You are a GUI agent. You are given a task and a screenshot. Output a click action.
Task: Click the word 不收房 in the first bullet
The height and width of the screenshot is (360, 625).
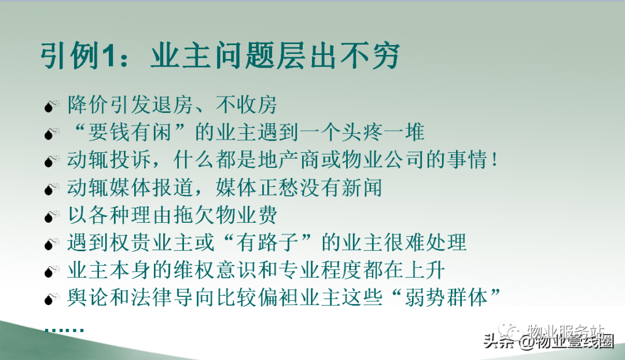(x=247, y=105)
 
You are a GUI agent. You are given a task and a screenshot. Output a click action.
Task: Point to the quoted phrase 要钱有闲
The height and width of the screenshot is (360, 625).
(x=130, y=133)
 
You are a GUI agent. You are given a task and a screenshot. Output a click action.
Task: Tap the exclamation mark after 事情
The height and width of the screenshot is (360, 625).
(x=495, y=160)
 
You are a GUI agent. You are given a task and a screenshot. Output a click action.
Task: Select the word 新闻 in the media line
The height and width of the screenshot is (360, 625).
(x=361, y=188)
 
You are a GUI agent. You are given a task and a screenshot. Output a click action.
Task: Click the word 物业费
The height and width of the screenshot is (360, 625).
(x=247, y=215)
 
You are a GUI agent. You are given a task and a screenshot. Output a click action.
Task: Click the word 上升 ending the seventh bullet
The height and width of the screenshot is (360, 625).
(x=425, y=270)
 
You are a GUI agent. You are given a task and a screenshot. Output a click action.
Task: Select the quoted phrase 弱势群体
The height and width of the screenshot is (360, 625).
(x=446, y=297)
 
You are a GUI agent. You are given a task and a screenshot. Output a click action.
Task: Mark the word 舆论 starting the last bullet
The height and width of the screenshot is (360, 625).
(x=88, y=297)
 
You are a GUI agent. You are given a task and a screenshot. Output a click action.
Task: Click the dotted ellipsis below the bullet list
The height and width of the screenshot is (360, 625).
(x=64, y=330)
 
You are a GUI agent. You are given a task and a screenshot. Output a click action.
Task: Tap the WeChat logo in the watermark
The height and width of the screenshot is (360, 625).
(x=510, y=330)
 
